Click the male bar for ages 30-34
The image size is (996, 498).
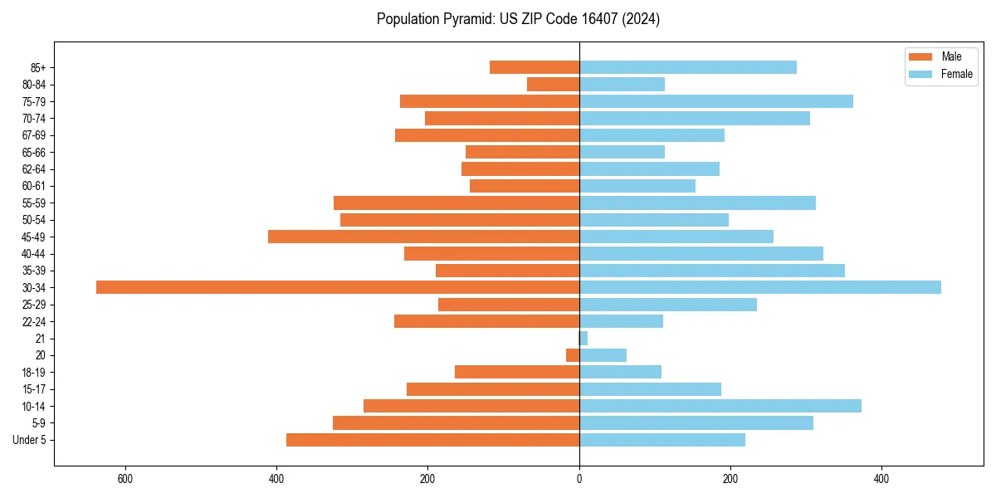[x=338, y=287]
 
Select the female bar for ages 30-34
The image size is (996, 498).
[x=760, y=287]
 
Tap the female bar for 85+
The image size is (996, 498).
[x=688, y=67]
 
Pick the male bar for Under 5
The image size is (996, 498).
[x=432, y=440]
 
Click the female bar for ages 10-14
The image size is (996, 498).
[x=720, y=406]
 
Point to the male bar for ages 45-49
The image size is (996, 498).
[x=423, y=237]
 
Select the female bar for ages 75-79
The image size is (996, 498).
[x=716, y=101]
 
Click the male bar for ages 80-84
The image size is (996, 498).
[x=553, y=84]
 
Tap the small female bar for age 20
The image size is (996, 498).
[x=603, y=355]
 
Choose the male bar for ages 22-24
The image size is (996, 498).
[x=486, y=321]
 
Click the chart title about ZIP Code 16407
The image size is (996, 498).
[x=518, y=19]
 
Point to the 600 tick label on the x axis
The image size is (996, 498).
[x=125, y=479]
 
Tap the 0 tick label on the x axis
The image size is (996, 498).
[x=579, y=479]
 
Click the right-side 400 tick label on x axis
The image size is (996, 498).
[x=881, y=479]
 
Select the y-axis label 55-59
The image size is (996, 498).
[x=33, y=203]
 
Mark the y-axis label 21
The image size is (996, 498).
[x=41, y=339]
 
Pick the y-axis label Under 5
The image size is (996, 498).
[x=29, y=440]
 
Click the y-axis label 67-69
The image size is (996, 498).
[x=33, y=135]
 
